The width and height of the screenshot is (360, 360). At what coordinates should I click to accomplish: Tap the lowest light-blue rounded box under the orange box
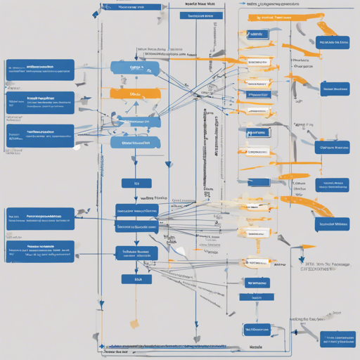coord(135,143)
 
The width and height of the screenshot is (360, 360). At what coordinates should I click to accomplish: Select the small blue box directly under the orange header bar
coord(256,33)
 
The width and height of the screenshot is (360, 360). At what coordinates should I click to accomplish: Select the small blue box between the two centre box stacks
coord(127,183)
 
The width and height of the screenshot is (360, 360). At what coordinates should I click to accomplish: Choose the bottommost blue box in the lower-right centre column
coord(256,328)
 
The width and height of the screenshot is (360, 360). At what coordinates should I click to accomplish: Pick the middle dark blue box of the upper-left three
coord(39,102)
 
